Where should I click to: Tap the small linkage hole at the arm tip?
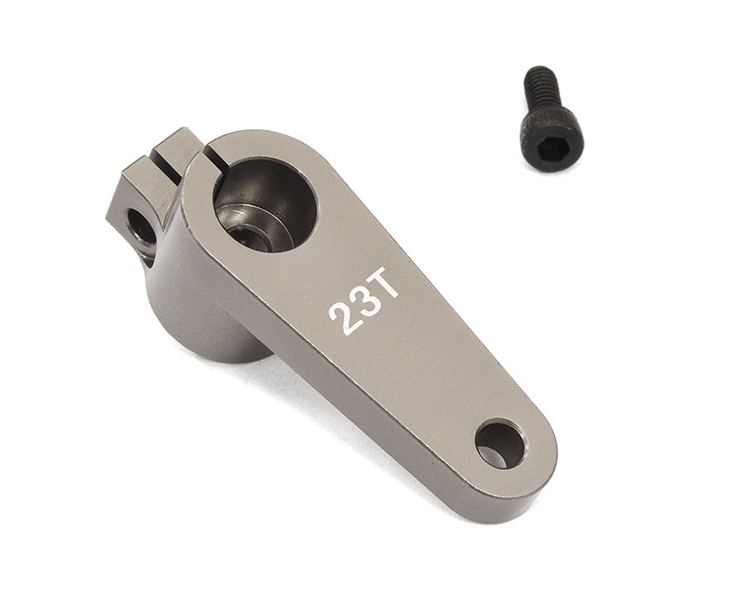(x=499, y=444)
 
